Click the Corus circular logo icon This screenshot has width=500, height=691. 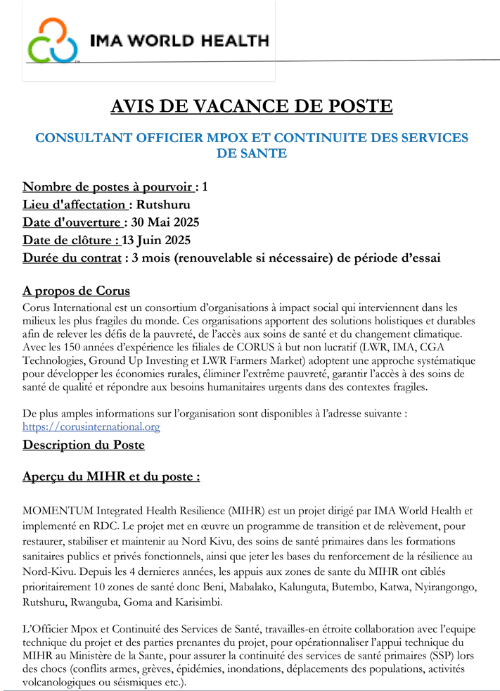pos(53,41)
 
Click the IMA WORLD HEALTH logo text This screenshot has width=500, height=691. pos(179,41)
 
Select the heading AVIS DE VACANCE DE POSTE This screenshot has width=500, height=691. pos(252,106)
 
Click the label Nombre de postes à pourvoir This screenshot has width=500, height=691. pos(108,186)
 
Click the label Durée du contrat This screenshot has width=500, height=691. pos(72,258)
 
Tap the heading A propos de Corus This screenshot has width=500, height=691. pos(76,291)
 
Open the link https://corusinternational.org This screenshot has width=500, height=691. pos(91,426)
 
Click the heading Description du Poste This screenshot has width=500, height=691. pos(84,445)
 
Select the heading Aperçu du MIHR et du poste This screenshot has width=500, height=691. pos(110,476)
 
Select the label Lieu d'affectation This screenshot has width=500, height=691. pos(75,205)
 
